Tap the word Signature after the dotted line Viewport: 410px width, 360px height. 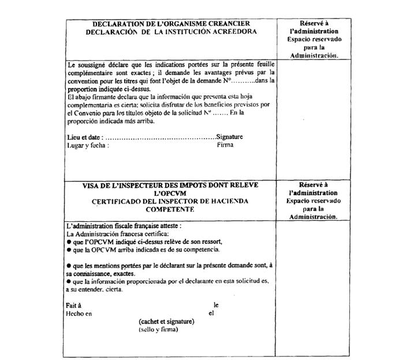230,137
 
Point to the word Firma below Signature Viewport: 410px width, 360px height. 225,144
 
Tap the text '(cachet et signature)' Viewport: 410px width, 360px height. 166,321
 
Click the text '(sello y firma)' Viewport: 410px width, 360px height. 158,329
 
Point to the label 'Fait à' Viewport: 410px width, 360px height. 74,305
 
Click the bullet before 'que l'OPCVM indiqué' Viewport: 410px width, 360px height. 69,242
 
